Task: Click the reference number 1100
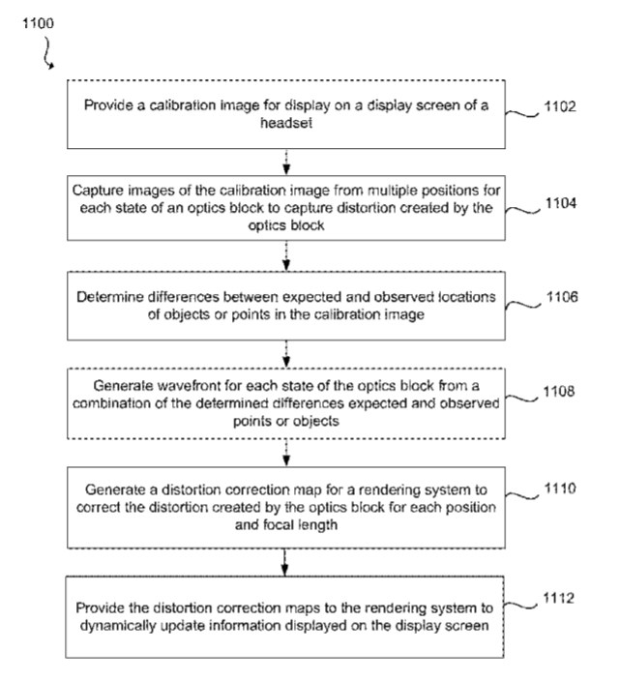39,23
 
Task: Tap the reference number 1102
560,106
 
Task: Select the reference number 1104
561,203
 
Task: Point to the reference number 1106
562,297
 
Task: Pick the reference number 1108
559,392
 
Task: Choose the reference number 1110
560,489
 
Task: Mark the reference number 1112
559,598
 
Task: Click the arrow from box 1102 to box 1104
286,162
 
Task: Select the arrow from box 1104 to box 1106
286,255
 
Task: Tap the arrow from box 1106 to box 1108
286,354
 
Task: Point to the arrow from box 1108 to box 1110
286,453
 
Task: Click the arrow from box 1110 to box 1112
284,562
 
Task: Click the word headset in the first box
286,123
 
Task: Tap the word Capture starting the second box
94,191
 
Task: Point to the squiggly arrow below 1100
47,53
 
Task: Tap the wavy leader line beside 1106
523,305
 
